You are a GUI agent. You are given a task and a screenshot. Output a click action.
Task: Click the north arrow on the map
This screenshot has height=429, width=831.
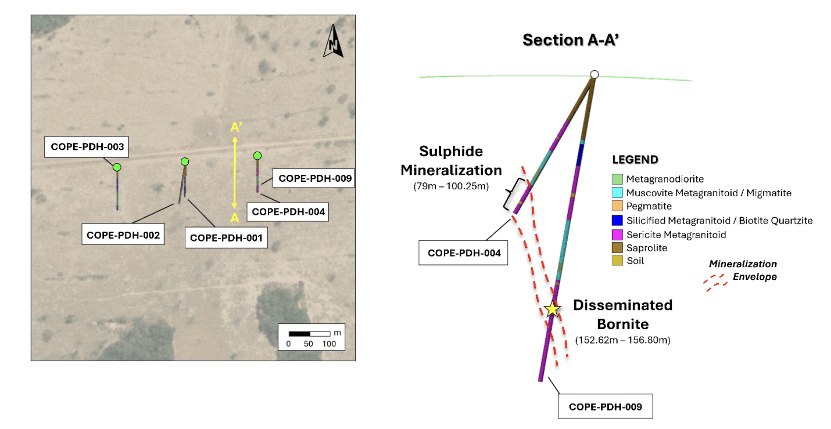(x=333, y=42)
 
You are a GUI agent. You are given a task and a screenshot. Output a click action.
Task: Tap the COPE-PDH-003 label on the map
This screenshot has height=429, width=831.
(x=87, y=147)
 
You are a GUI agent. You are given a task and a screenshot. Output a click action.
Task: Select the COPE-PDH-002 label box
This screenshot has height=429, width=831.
(x=123, y=235)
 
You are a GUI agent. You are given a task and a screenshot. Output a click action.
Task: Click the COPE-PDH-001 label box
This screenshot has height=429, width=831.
(x=226, y=238)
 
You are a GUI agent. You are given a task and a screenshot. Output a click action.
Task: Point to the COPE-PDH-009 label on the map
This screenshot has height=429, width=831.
(x=315, y=178)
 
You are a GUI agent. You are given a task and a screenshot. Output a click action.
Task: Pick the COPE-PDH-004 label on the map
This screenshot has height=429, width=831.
(x=288, y=212)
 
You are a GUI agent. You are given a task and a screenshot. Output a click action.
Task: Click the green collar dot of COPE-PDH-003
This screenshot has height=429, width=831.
(x=117, y=167)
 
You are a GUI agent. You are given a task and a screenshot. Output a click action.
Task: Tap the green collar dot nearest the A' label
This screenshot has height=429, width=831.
(x=257, y=156)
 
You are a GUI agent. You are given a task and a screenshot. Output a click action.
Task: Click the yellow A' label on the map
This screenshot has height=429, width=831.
(x=236, y=128)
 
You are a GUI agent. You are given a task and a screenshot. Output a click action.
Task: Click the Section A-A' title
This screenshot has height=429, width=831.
(x=571, y=40)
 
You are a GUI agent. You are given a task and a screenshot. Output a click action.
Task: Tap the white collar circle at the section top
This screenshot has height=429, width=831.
(x=594, y=75)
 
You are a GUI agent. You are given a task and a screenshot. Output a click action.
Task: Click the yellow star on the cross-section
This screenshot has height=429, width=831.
(x=552, y=310)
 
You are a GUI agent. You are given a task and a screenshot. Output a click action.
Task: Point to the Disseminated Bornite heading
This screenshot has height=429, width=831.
(x=623, y=314)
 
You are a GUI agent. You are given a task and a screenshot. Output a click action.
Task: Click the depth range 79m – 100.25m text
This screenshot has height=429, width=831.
(x=451, y=186)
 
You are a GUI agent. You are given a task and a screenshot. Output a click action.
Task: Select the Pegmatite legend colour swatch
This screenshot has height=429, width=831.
(x=617, y=206)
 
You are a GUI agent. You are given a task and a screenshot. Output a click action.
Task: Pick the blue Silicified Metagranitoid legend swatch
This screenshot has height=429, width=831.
(x=617, y=220)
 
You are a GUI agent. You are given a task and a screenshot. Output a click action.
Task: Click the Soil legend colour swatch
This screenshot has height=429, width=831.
(x=617, y=260)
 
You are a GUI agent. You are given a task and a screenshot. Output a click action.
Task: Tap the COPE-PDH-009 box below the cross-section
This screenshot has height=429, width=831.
(x=605, y=407)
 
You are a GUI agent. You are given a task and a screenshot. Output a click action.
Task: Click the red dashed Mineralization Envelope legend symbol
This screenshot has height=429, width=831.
(x=715, y=283)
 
